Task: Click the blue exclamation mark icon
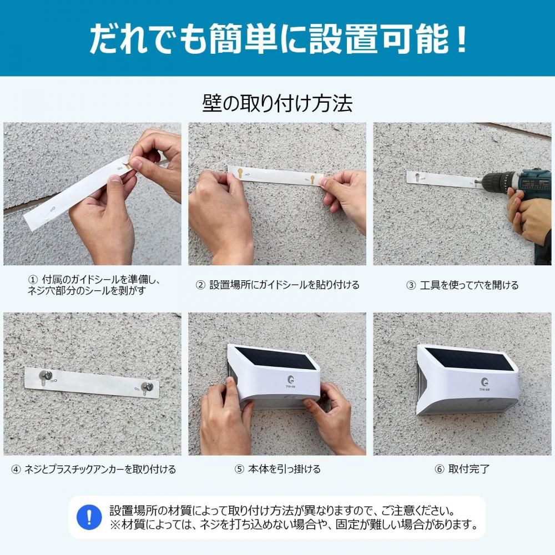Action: (89, 517)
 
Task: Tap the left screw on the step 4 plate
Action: (46, 375)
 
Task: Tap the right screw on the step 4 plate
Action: (147, 386)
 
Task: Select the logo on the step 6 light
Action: (485, 384)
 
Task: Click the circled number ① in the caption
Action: (33, 280)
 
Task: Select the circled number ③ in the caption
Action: (411, 285)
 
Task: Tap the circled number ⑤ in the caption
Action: (239, 470)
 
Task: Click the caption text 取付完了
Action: (468, 470)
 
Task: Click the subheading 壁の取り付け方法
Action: (277, 103)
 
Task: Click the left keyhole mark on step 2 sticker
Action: (240, 174)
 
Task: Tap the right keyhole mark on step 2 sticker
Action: (312, 179)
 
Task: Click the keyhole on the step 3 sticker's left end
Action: (417, 176)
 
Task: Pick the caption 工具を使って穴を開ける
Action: (469, 285)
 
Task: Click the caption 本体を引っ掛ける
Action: (284, 470)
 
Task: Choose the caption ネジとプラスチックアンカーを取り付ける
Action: (100, 470)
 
